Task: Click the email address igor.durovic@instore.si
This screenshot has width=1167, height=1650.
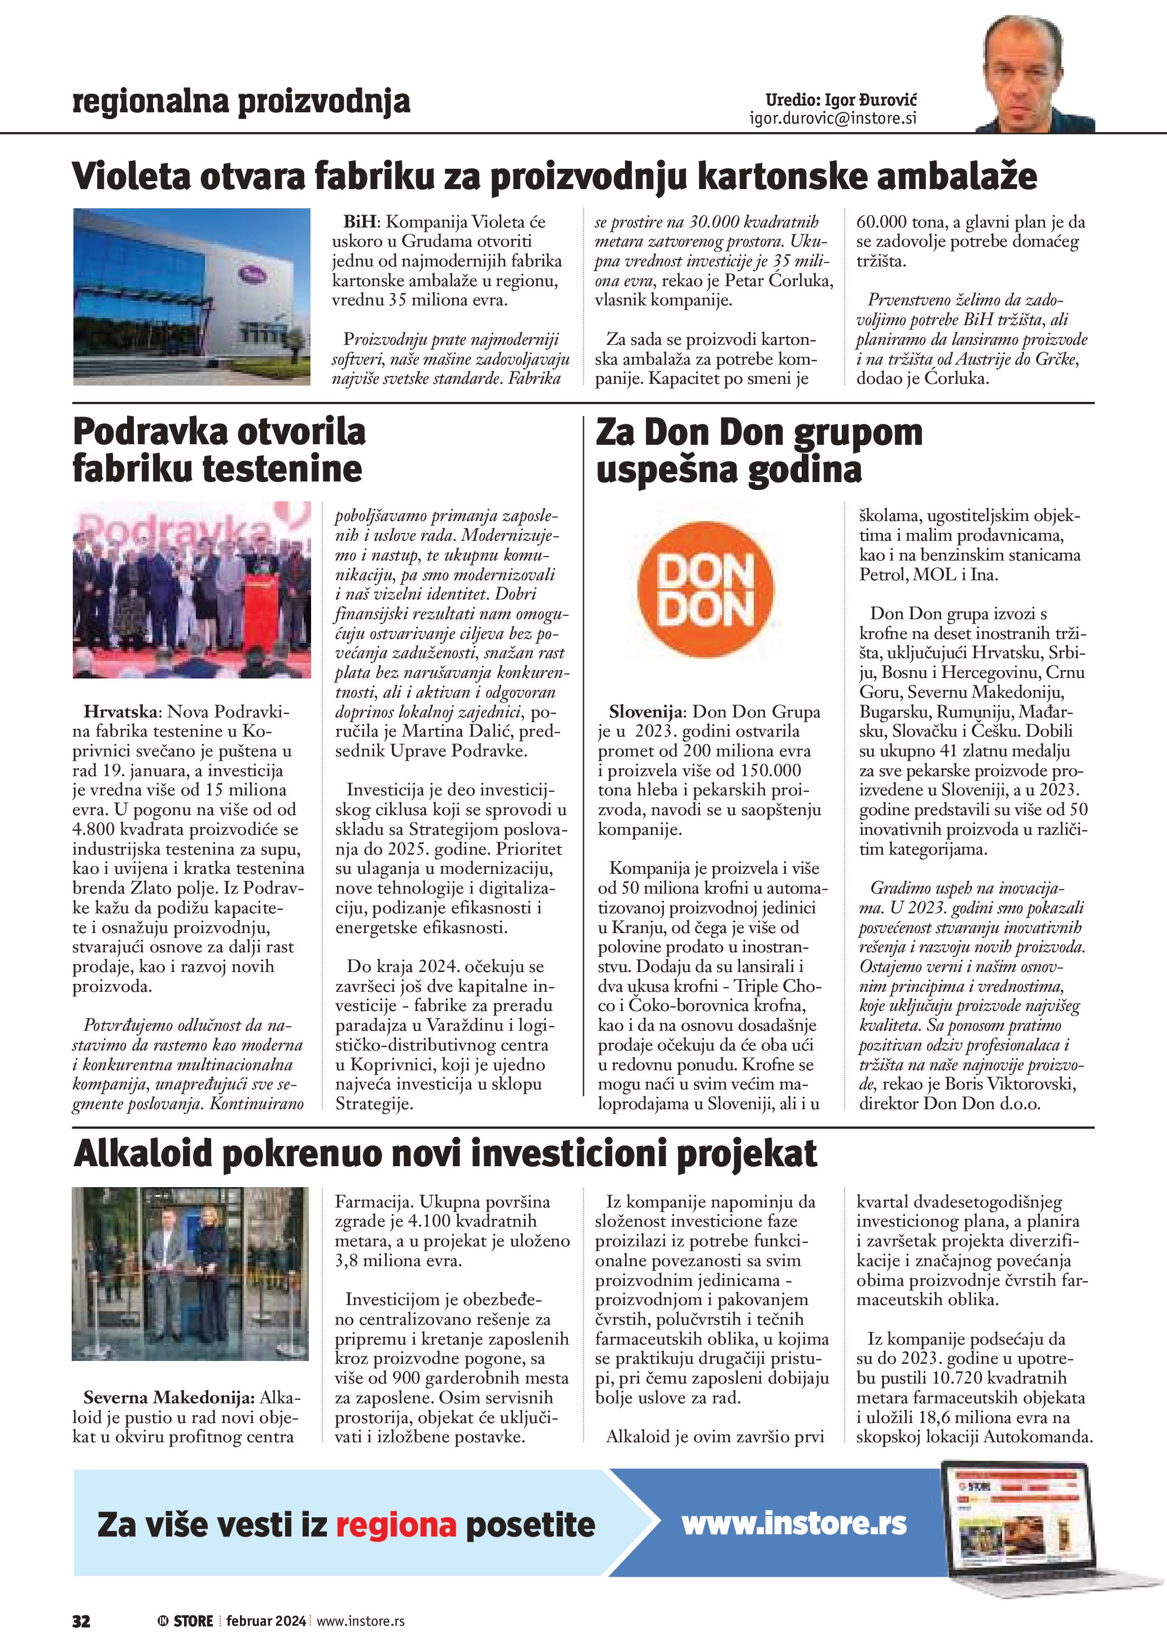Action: (x=833, y=119)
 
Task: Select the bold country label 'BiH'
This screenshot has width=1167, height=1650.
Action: (x=360, y=222)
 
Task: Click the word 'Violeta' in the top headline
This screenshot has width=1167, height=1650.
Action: (x=131, y=177)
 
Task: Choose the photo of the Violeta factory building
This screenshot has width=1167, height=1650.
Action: (x=192, y=296)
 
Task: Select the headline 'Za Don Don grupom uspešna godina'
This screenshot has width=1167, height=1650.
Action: (x=758, y=450)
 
